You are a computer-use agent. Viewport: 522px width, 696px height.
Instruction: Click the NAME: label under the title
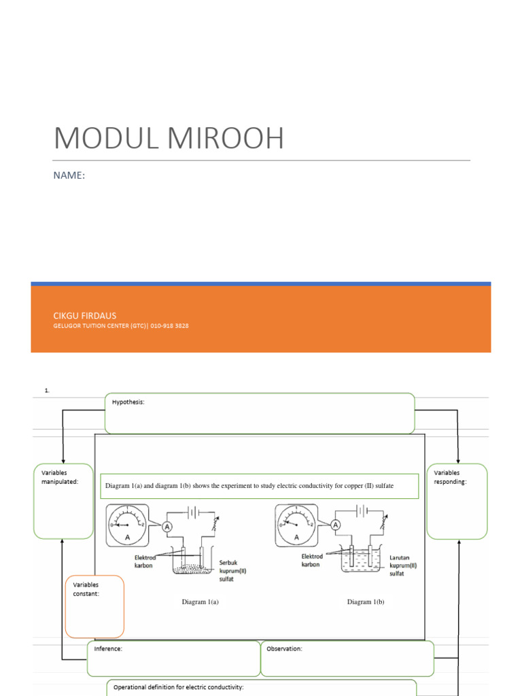coord(69,175)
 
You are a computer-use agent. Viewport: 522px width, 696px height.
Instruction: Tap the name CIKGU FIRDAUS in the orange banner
coord(85,315)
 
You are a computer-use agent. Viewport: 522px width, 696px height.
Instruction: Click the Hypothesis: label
coord(128,402)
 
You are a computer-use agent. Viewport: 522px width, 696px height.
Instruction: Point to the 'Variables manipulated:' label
coord(60,477)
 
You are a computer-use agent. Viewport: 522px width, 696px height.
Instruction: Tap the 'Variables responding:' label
coord(450,477)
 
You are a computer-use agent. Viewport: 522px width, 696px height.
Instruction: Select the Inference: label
coord(108,649)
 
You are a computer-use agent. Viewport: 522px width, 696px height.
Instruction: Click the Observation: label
coord(284,649)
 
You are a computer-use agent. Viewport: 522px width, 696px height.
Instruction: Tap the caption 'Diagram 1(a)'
coord(200,602)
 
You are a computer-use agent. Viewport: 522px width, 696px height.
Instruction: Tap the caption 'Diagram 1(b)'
coord(366,602)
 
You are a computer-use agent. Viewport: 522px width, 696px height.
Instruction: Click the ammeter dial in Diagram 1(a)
coord(129,525)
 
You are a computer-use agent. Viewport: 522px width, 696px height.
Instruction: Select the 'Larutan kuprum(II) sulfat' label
coord(403,565)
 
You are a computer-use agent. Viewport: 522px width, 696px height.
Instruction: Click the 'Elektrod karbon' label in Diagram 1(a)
coord(145,560)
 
